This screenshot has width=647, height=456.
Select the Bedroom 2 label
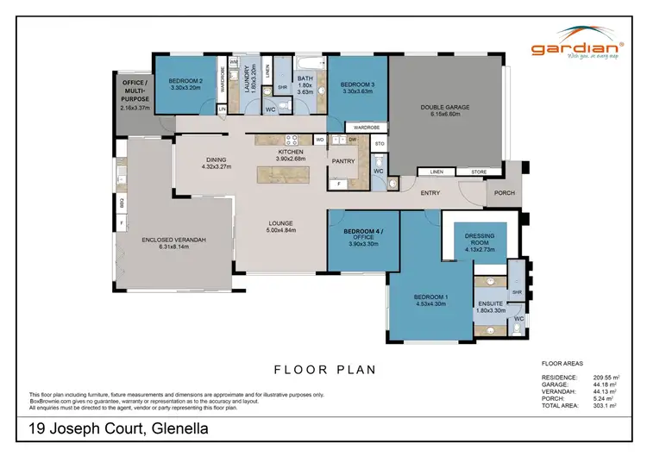[185, 81]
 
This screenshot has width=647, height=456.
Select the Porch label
[504, 192]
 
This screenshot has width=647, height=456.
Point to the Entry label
[431, 192]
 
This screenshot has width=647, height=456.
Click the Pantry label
[343, 160]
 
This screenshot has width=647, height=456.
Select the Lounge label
[282, 226]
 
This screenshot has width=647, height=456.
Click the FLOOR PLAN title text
[325, 370]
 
